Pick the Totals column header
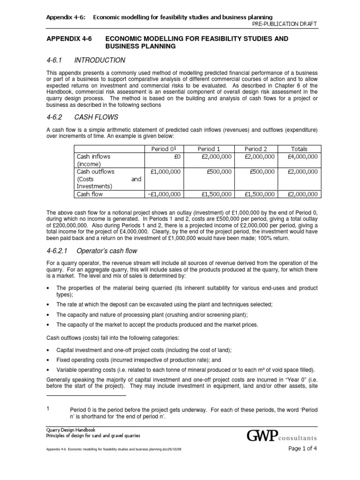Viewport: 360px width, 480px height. [x=299, y=149]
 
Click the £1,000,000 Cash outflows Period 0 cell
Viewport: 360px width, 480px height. [x=166, y=172]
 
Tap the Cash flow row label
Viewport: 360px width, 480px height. [x=90, y=194]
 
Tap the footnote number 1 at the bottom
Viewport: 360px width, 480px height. [x=48, y=408]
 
